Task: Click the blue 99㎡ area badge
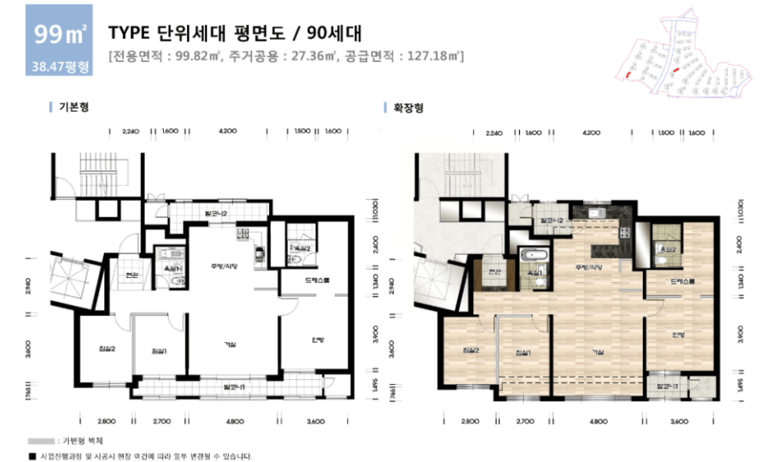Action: pyautogui.click(x=59, y=35)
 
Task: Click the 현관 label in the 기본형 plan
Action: pyautogui.click(x=132, y=276)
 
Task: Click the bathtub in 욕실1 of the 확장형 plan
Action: pyautogui.click(x=535, y=256)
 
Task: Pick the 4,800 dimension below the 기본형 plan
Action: pyautogui.click(x=234, y=420)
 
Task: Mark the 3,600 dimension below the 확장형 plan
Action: pyautogui.click(x=680, y=420)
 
